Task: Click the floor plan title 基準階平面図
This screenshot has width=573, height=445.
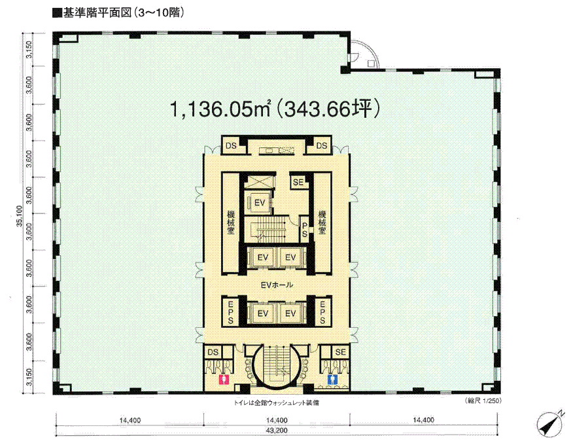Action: (97, 13)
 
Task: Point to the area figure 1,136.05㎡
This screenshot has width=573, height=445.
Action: (220, 109)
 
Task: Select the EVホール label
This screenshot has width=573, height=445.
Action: (277, 285)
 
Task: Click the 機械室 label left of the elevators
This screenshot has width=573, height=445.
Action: (231, 222)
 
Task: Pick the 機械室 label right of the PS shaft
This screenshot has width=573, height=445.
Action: (322, 222)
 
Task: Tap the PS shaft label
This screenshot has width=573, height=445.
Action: (304, 230)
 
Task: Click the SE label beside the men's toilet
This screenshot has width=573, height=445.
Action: (340, 352)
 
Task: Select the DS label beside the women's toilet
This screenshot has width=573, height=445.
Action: (213, 352)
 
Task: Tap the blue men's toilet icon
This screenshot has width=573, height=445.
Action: (332, 379)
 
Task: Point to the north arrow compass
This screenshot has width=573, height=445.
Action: (550, 423)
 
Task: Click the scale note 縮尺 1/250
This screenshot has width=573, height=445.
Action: (482, 401)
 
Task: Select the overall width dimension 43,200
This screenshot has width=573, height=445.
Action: (277, 431)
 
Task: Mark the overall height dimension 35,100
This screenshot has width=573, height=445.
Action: (20, 217)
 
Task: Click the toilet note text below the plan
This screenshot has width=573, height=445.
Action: (276, 403)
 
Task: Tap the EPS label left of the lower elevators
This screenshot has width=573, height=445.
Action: (231, 312)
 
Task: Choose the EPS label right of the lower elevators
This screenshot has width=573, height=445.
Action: (322, 312)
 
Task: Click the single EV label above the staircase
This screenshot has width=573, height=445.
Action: (260, 202)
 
